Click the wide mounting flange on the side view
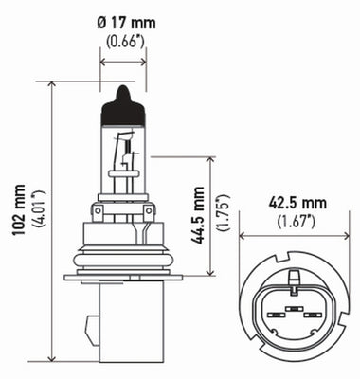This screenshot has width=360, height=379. coord(121,276)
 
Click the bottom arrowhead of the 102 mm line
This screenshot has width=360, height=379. coord(49,360)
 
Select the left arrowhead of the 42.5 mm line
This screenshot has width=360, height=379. coord(243,235)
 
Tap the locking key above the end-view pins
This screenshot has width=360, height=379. coord(294,278)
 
